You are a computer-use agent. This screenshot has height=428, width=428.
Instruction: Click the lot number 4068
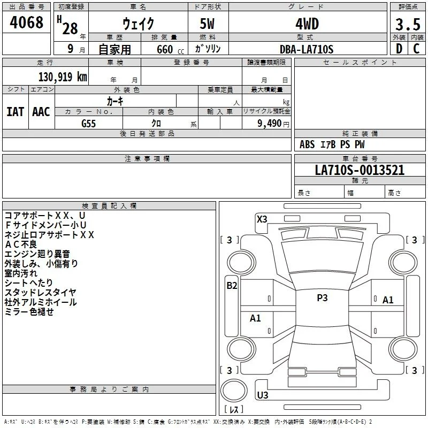[26, 22]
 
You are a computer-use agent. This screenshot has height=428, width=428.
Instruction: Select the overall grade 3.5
[408, 24]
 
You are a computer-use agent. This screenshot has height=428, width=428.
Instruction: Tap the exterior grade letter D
[399, 49]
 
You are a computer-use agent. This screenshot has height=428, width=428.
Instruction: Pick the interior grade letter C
[416, 49]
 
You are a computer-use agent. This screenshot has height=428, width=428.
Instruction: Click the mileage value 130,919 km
[63, 77]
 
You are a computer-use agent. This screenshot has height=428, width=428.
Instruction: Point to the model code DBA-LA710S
[307, 49]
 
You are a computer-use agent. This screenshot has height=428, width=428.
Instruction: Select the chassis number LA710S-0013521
[360, 170]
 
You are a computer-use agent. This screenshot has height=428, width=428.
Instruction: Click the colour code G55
[88, 124]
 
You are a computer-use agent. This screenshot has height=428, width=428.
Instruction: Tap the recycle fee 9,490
[270, 124]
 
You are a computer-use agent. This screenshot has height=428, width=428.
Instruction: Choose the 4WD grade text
[307, 24]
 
